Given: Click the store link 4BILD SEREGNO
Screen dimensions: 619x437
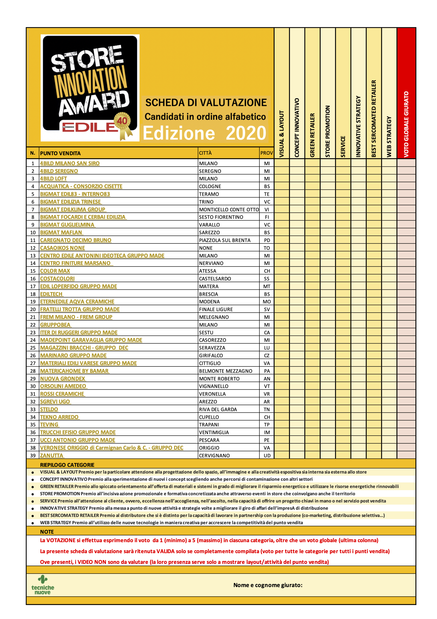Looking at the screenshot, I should click(59, 171).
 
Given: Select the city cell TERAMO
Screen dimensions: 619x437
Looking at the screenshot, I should click(209, 194).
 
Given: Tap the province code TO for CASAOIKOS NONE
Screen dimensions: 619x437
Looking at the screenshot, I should click(267, 248).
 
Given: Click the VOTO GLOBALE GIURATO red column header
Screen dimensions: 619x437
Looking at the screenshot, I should click(406, 124).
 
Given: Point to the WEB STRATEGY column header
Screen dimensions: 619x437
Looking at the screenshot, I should click(389, 136).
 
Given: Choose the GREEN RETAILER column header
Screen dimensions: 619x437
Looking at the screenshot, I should click(312, 135).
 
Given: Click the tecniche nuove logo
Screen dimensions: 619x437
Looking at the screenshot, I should click(43, 585).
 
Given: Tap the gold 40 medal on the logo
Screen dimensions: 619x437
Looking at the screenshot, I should click(123, 121).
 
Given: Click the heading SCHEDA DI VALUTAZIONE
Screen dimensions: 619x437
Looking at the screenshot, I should click(206, 103).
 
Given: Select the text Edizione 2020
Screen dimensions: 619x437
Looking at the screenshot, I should click(205, 133).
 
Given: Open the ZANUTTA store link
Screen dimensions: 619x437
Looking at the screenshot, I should click(51, 455).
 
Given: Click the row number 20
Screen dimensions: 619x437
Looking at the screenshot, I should click(33, 309).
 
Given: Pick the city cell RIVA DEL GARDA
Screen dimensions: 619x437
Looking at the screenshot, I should click(218, 409).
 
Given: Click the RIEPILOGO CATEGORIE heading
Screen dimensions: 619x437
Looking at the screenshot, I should click(67, 465).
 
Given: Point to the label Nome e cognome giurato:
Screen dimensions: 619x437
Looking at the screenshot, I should click(268, 585).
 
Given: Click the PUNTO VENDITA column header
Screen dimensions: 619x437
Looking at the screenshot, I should click(60, 153).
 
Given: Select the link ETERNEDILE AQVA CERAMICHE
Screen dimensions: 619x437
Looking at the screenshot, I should click(77, 302).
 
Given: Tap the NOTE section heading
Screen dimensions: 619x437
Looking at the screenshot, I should click(47, 532).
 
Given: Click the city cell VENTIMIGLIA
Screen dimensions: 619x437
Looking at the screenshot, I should click(214, 432).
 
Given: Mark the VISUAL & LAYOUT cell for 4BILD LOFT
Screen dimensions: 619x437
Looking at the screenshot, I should click(282, 178).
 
